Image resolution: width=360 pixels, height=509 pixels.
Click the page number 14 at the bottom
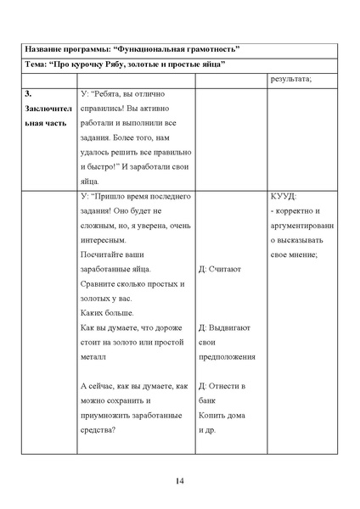click(179, 482)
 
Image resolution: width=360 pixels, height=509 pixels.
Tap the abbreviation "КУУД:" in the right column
click(283, 196)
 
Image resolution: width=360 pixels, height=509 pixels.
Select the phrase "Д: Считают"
click(219, 269)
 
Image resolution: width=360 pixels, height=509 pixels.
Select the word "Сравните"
click(98, 284)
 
